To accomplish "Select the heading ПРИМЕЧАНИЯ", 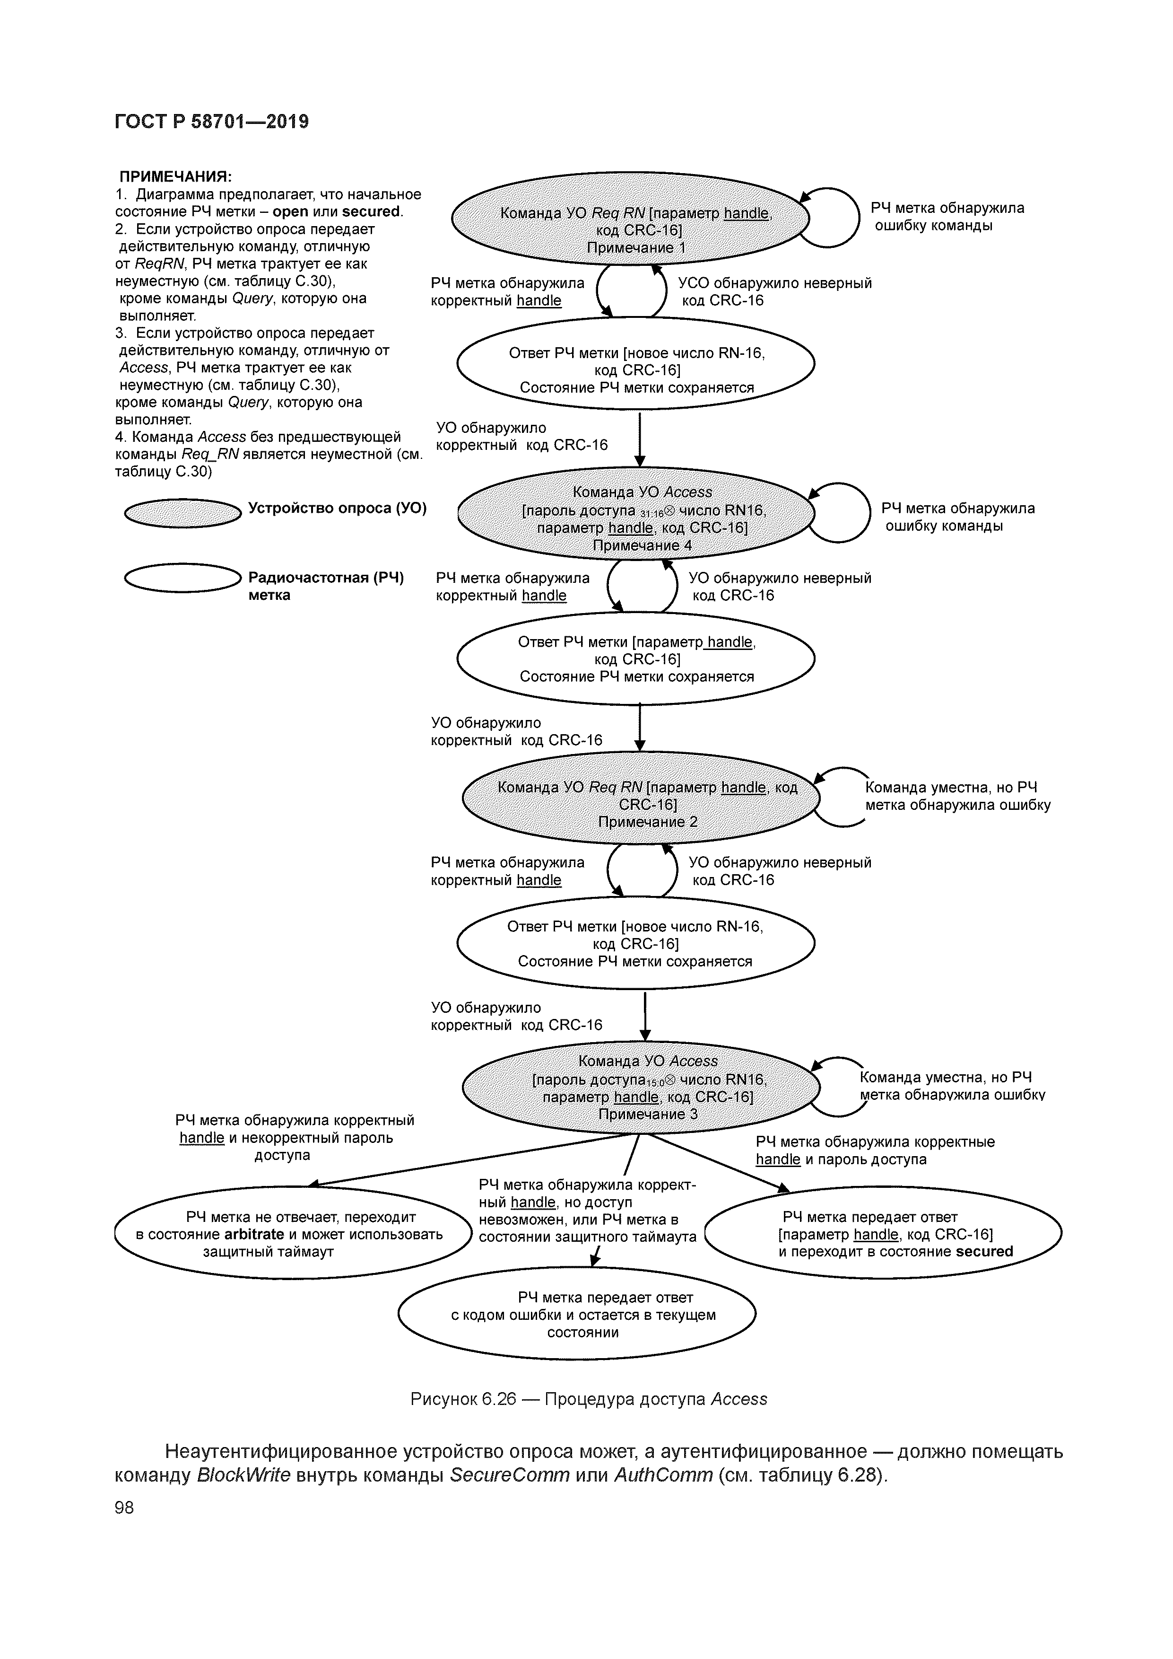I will click(175, 177).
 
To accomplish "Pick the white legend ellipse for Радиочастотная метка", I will click(182, 578).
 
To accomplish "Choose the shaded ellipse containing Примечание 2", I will click(642, 799).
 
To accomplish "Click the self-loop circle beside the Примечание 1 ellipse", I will click(831, 217).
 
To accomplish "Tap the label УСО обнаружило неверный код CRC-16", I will click(774, 292).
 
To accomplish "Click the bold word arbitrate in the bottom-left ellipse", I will click(253, 1234).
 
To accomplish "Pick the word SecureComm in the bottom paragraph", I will click(509, 1475).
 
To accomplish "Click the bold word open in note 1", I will click(290, 212).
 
